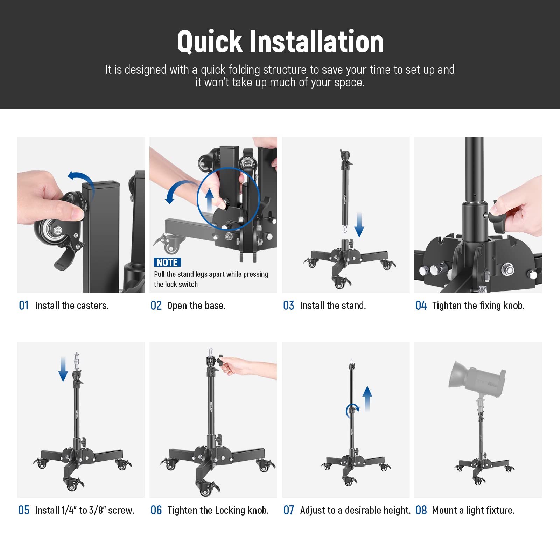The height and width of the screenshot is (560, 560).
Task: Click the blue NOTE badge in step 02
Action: coord(167,262)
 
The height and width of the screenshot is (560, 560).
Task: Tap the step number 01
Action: coord(23,306)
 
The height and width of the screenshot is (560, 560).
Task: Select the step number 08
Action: coord(421,510)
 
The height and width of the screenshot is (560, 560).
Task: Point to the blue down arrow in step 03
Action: coord(359,225)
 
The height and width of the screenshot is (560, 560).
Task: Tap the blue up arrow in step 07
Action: coord(367,398)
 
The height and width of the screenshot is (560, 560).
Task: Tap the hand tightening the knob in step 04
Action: coord(518,210)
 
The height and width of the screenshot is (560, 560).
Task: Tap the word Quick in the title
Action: coord(209,42)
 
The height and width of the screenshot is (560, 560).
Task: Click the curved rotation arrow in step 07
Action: coord(352,410)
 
